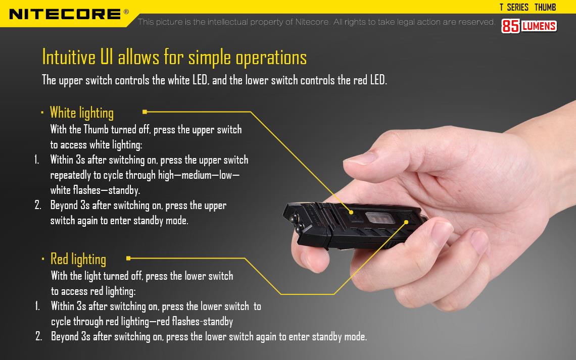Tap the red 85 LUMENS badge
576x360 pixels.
pyautogui.click(x=529, y=26)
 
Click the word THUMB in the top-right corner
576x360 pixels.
pyautogui.click(x=545, y=7)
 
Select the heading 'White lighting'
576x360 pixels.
pyautogui.click(x=81, y=112)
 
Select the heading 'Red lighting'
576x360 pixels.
pyautogui.click(x=78, y=259)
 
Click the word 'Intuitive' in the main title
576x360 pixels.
pyautogui.click(x=69, y=57)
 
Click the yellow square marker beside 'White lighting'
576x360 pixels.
pyautogui.click(x=145, y=112)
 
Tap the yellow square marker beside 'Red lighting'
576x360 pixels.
pyautogui.click(x=128, y=258)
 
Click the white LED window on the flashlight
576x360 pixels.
pyautogui.click(x=381, y=219)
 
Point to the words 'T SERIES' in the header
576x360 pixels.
pyautogui.click(x=514, y=7)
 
